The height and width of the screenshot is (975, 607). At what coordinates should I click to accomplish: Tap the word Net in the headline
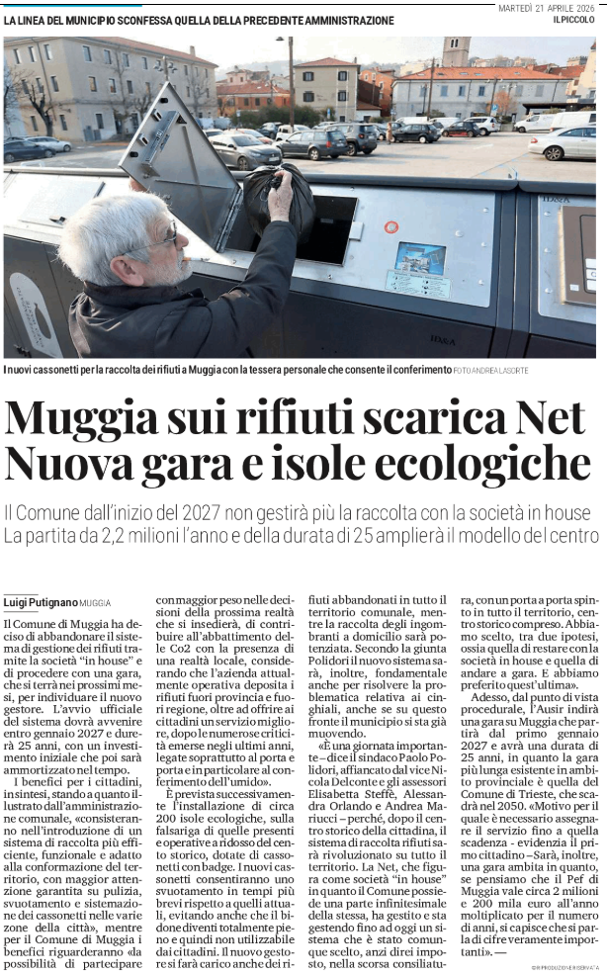(x=550, y=419)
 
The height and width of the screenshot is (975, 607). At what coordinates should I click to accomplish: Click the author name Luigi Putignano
(x=40, y=601)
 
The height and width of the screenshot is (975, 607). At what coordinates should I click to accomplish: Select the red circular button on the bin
(x=391, y=226)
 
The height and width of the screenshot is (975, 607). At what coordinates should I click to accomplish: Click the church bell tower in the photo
(x=456, y=51)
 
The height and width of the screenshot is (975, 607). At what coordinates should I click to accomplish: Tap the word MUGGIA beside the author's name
(x=96, y=602)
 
